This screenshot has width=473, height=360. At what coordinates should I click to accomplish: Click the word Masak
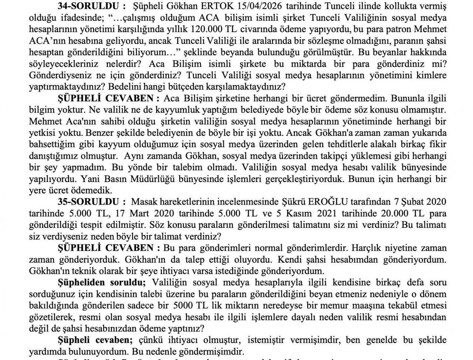pyautogui.click(x=143, y=202)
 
